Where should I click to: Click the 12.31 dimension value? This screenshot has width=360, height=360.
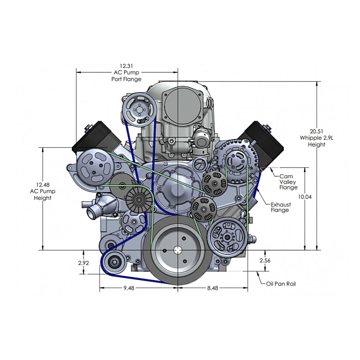127,66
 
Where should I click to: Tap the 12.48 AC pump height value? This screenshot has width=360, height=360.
42,185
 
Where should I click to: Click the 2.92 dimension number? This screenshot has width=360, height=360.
83,263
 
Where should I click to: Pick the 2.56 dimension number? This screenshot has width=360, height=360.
265,260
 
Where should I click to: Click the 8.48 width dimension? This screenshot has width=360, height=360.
213,288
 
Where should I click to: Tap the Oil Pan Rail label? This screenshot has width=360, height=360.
281,283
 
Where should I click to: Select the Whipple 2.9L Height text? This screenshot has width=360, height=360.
317,141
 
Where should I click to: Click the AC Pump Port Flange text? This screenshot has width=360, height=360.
127,75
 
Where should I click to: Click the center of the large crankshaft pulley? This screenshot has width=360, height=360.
178,250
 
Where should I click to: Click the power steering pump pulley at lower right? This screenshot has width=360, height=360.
227,238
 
